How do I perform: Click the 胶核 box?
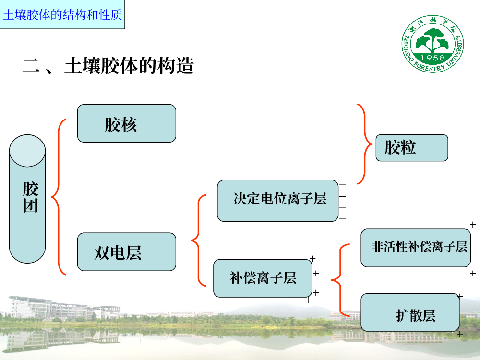pyautogui.click(x=126, y=123)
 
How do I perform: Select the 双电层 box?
pyautogui.click(x=126, y=252)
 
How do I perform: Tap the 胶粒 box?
pyautogui.click(x=411, y=147)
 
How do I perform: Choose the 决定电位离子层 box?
pyautogui.click(x=277, y=201)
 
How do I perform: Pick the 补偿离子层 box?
pyautogui.click(x=263, y=278)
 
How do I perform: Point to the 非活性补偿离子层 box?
pyautogui.click(x=416, y=248)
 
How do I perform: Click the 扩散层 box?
pyautogui.click(x=410, y=312)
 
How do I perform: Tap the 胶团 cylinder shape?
pyautogui.click(x=27, y=199)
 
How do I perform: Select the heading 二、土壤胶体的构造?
pyautogui.click(x=108, y=66)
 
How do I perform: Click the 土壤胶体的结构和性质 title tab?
pyautogui.click(x=62, y=14)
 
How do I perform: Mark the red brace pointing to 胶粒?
pyautogui.click(x=364, y=144)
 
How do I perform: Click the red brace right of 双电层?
pyautogui.click(x=197, y=240)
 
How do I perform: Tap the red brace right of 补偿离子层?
pyautogui.click(x=338, y=280)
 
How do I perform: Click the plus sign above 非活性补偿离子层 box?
pyautogui.click(x=473, y=224)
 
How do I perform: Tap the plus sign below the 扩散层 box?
pyautogui.click(x=459, y=334)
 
